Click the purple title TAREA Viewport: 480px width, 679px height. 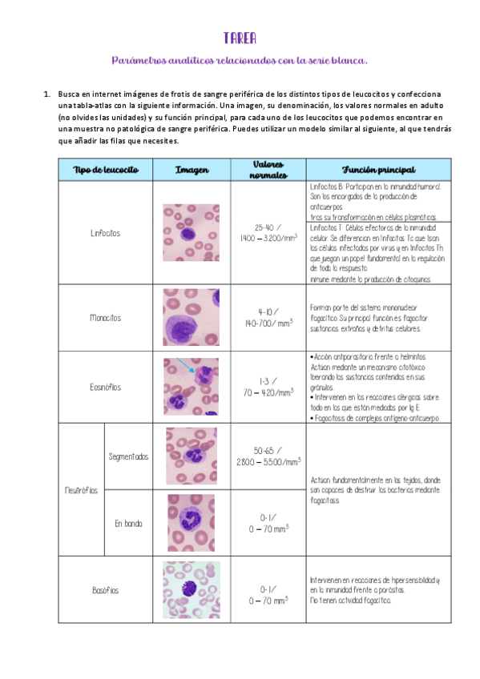tap(240, 38)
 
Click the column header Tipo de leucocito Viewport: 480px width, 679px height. tap(106, 170)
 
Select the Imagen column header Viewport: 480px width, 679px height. tap(192, 170)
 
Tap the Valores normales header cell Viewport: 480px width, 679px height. tap(268, 169)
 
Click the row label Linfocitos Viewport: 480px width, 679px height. tap(106, 233)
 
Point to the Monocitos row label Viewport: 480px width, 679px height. tap(106, 318)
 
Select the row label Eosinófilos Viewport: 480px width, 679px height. tap(106, 387)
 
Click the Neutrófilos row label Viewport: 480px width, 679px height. tap(82, 490)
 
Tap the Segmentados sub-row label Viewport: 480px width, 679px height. tap(129, 456)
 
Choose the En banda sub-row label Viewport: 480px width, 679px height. tap(129, 524)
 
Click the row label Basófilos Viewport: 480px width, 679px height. tap(106, 590)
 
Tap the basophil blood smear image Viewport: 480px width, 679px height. tap(191, 590)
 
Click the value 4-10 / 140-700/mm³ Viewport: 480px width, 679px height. tap(268, 318)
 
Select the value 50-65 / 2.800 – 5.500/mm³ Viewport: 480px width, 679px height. tap(268, 456)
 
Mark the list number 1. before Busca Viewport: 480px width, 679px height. tap(47, 94)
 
